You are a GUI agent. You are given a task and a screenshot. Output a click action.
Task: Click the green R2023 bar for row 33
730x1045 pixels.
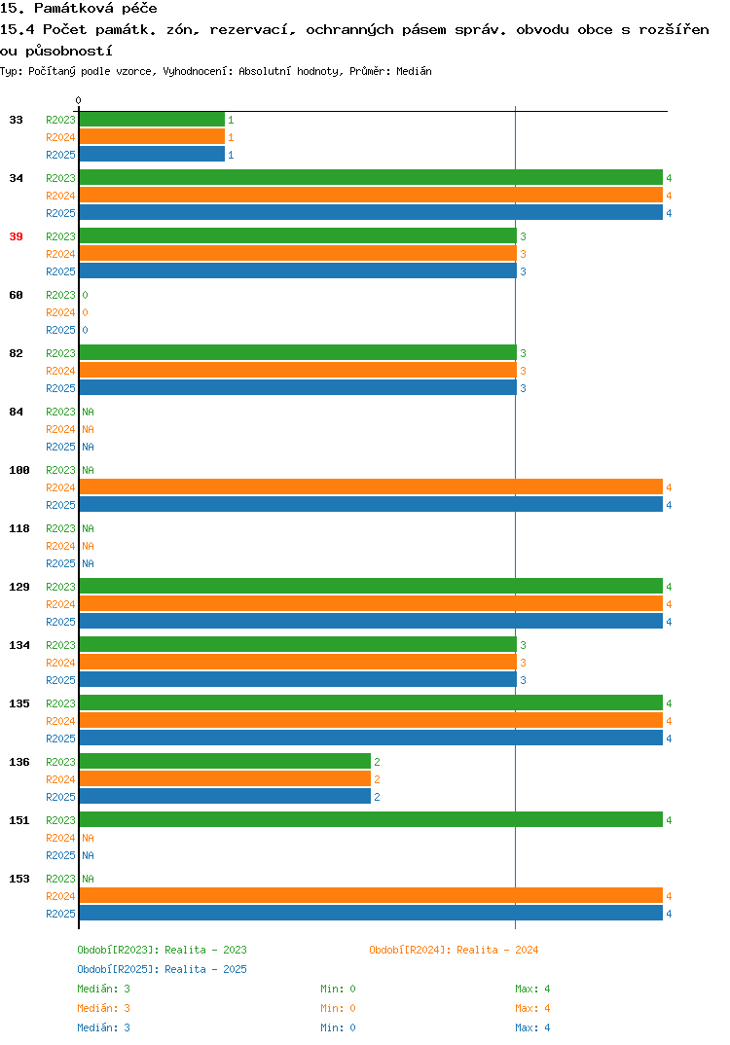click(152, 120)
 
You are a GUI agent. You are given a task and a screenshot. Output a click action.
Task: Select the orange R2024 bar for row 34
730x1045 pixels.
click(372, 196)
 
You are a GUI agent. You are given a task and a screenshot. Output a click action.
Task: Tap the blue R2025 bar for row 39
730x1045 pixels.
click(298, 271)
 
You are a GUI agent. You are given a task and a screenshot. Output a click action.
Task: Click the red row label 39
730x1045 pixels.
click(16, 236)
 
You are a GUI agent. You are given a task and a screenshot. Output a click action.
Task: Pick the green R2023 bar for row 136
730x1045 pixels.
click(226, 761)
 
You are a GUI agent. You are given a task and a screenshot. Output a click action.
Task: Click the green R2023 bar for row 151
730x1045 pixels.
click(372, 819)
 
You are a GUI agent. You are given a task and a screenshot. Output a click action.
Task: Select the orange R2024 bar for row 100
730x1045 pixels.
click(372, 487)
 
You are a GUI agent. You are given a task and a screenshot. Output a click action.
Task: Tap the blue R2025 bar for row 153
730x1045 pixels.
click(372, 913)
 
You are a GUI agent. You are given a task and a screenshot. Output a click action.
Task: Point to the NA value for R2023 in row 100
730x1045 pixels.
click(88, 470)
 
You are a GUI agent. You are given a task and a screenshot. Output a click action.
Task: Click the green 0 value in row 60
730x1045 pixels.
click(86, 295)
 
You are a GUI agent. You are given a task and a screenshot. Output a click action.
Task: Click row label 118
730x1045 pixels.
click(19, 528)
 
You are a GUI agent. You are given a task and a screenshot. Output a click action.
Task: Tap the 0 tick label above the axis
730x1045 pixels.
click(78, 100)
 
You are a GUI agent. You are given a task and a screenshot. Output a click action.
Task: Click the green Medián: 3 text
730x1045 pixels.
click(103, 989)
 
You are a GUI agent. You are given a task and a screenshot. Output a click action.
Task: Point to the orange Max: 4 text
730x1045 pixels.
click(532, 1008)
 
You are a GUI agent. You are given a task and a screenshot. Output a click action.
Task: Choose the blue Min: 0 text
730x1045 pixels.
click(338, 1027)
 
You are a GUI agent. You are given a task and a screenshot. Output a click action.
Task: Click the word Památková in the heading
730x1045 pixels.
click(74, 8)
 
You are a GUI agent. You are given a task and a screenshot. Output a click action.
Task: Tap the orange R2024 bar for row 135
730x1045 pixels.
click(372, 720)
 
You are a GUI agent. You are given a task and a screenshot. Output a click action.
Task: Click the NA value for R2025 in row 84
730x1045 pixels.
click(88, 447)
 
